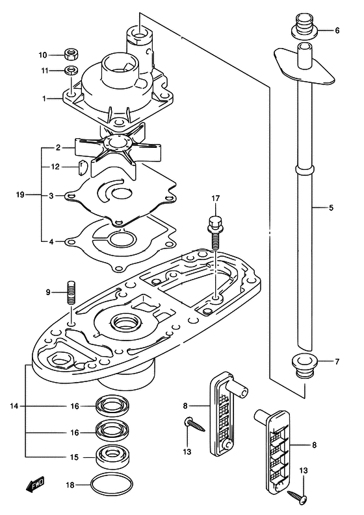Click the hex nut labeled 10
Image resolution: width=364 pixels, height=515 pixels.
coord(71,54)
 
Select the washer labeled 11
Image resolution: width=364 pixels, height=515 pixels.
coord(71,70)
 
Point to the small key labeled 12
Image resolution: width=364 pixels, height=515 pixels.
coord(81,167)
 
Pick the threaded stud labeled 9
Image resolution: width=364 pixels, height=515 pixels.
coord(71,293)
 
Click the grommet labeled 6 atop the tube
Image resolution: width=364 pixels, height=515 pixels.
coord(305,26)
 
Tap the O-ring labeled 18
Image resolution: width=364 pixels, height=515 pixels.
coord(112,486)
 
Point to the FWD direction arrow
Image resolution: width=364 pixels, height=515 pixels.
coord(35,485)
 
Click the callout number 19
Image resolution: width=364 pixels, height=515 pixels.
coord(20,195)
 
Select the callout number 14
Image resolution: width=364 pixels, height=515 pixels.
coord(14,406)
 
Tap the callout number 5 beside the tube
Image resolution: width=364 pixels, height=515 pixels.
coord(331,208)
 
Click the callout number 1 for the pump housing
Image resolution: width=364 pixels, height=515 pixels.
coord(44,98)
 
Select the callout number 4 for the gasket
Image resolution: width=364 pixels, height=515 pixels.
coord(51,242)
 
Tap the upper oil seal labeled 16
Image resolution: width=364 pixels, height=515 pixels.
coord(112,406)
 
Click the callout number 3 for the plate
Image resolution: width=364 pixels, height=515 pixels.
coord(51,196)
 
